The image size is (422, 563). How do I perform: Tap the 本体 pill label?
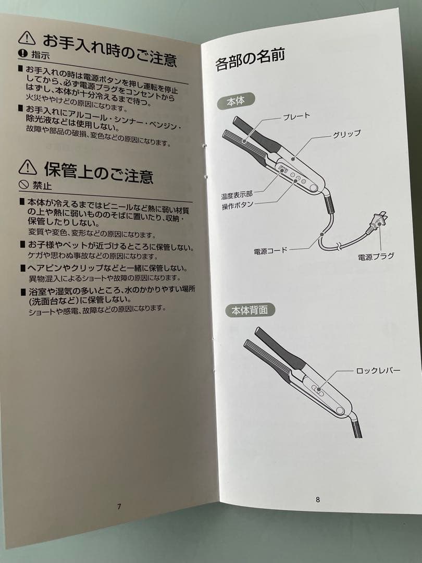point(235,101)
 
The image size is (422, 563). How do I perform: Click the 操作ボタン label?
point(238,205)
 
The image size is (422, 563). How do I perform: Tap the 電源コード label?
point(270,251)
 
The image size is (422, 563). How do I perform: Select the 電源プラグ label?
point(376,256)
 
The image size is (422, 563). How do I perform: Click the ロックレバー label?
point(378,371)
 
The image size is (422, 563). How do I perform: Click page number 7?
point(119,506)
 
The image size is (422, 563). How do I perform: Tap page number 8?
point(317,499)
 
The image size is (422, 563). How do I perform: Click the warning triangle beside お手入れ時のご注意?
point(27,37)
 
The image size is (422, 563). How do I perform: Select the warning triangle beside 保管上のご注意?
point(28,167)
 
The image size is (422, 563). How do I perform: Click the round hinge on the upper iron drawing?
point(314,188)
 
